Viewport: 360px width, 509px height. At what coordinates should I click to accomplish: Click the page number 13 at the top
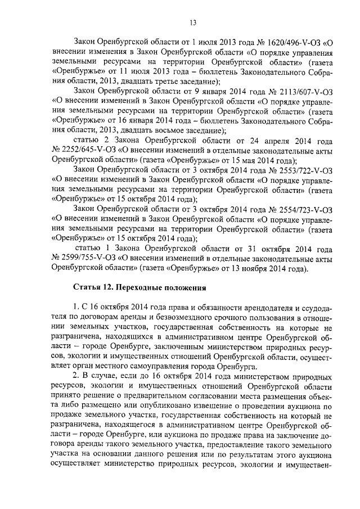coord(192,22)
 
